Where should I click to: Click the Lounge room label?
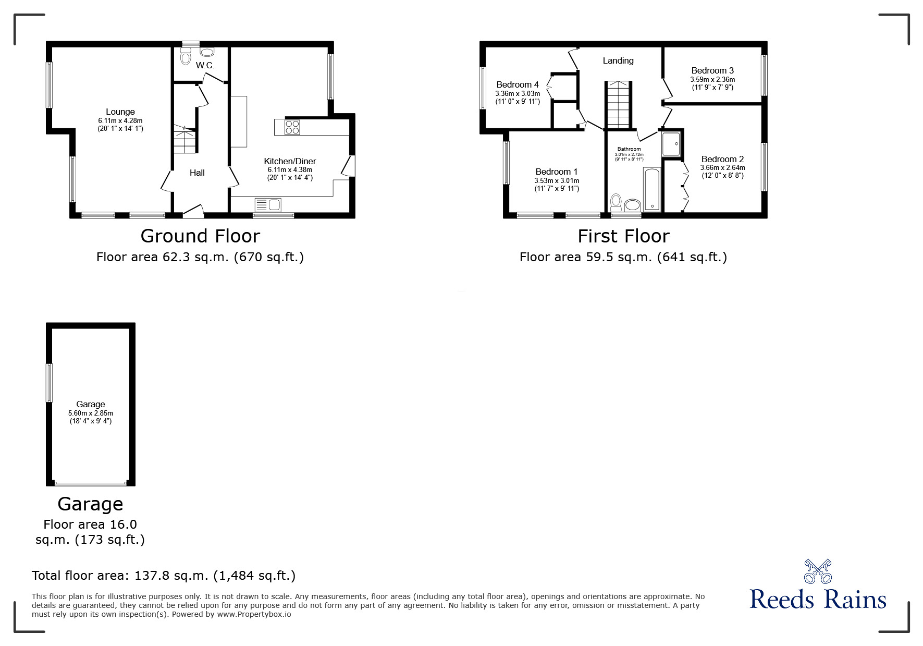[120, 112]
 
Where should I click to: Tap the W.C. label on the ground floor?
[205, 66]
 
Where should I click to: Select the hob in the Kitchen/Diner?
[292, 127]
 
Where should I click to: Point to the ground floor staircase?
[185, 139]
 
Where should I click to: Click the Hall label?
[197, 173]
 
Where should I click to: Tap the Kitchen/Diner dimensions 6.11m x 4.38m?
[290, 170]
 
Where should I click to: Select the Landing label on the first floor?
[618, 60]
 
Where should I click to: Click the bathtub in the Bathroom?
[652, 189]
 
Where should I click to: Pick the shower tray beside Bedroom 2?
[671, 143]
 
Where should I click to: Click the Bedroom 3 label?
[712, 70]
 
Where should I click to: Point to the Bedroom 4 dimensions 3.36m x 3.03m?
[518, 94]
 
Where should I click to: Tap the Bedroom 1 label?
[557, 172]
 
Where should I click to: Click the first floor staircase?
[619, 105]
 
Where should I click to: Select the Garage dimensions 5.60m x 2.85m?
[91, 413]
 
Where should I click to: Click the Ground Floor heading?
[200, 236]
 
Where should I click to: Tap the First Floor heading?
[623, 236]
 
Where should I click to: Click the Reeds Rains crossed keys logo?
[818, 571]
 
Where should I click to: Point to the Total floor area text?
[164, 576]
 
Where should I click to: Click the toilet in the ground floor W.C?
[186, 57]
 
